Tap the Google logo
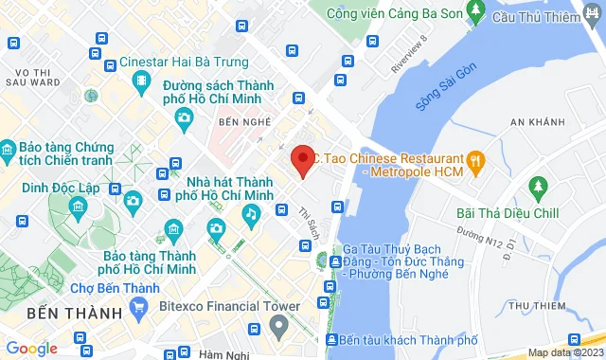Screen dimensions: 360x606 31,349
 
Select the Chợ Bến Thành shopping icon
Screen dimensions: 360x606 140,307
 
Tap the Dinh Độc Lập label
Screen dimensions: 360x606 61,188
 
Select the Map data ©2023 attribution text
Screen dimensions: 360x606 564,352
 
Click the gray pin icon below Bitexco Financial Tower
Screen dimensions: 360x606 278,328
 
